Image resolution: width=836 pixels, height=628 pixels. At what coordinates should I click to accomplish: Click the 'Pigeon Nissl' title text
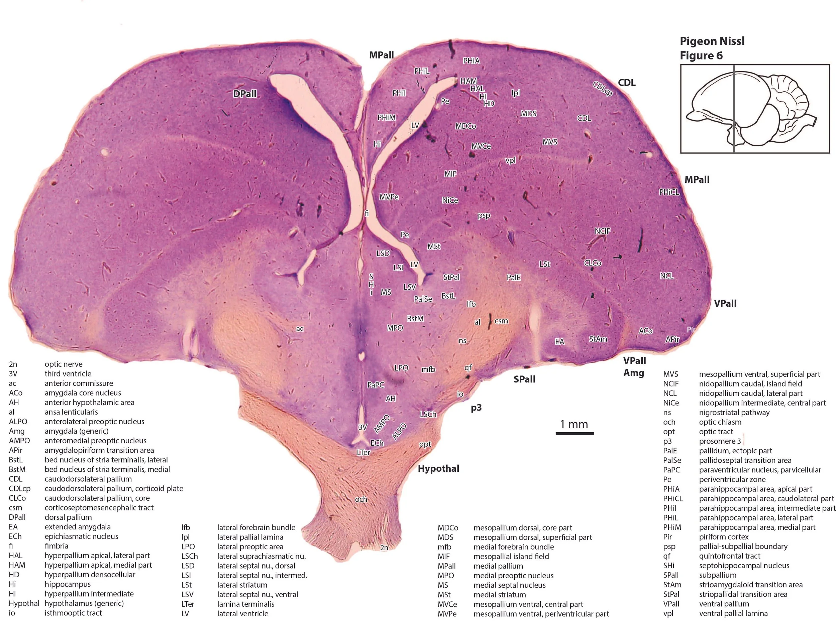tap(712, 41)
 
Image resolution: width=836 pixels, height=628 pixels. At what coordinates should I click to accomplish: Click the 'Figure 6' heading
tap(701, 55)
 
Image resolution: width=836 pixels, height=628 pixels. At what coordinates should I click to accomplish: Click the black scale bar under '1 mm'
tap(574, 434)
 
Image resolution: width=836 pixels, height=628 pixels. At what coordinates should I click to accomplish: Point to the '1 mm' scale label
tap(574, 424)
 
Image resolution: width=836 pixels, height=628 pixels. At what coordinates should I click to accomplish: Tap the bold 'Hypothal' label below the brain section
tap(438, 469)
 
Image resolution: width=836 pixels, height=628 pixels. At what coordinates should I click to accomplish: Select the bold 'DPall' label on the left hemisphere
tap(245, 94)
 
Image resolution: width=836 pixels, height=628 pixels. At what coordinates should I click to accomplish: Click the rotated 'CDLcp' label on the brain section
tap(603, 89)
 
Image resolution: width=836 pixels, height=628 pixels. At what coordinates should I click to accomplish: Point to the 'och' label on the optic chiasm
tap(361, 499)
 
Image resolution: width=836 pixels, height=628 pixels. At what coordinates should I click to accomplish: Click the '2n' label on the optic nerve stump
tap(384, 547)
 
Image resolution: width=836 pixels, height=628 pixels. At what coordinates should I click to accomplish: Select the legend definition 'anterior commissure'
tap(79, 383)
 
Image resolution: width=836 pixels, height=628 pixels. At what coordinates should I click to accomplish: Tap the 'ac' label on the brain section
tap(300, 329)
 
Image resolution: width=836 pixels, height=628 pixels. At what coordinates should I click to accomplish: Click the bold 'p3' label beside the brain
tap(476, 408)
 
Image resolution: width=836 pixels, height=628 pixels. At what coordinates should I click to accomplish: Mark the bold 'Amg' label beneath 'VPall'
tap(634, 373)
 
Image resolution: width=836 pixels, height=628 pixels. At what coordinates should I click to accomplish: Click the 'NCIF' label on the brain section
tap(603, 231)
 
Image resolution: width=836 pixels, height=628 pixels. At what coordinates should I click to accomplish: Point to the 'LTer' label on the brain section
tap(363, 452)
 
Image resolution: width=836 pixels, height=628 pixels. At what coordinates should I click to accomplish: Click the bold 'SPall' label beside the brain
tap(525, 379)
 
